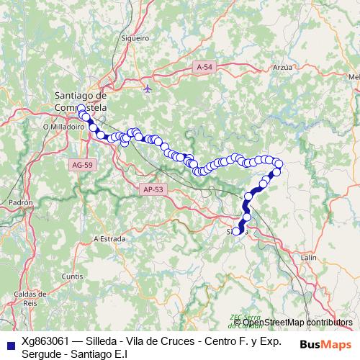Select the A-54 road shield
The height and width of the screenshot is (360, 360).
click(204, 66)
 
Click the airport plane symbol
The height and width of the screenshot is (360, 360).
click(148, 89)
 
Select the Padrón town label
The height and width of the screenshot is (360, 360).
click(21, 204)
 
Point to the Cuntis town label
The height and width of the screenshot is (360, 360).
click(73, 276)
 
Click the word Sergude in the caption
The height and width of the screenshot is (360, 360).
click(42, 354)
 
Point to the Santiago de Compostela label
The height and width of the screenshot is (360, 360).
click(81, 101)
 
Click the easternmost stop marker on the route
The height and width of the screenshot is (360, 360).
click(279, 165)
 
